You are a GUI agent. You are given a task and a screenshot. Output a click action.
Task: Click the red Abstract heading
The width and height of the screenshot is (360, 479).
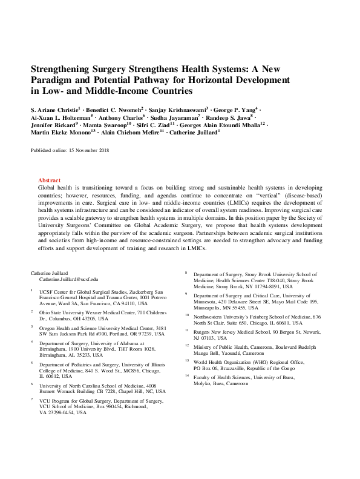click(49, 180)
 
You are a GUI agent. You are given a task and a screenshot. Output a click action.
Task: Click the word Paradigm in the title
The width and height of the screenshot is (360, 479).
click(54, 80)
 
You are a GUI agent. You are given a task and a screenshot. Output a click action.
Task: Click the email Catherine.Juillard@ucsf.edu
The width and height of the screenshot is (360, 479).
click(69, 279)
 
